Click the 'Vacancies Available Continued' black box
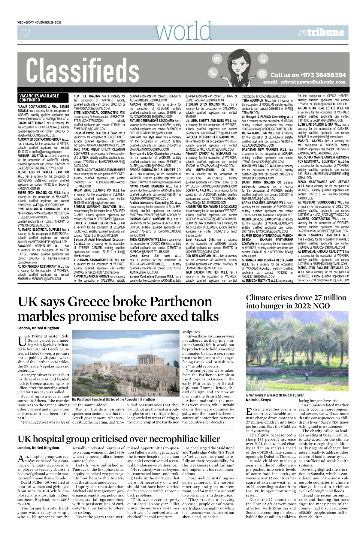[39, 98]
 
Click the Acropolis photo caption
[114, 399]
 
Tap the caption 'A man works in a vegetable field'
[275, 395]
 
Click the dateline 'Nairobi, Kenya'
[258, 400]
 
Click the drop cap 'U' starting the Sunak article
[22, 341]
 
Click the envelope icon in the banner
[216, 59]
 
